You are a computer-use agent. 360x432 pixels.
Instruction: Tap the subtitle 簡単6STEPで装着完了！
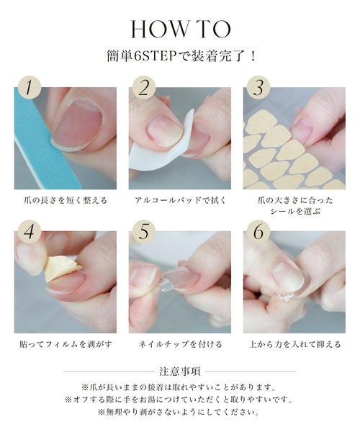tap(180, 55)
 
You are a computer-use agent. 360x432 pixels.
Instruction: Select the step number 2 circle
tap(143, 89)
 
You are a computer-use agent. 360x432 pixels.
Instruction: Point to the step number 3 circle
tap(257, 89)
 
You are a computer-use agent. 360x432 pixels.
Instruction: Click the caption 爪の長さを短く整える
tap(65, 199)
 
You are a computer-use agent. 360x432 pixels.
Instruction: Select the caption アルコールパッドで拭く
tap(179, 199)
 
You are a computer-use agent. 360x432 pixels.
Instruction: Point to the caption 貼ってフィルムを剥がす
tap(65, 344)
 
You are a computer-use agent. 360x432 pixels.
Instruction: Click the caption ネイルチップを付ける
tap(179, 344)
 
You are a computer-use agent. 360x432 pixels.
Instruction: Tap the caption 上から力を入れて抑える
tap(294, 344)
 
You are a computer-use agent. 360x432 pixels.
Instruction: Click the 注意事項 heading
tap(180, 372)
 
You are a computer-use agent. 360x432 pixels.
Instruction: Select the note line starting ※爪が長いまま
tap(180, 387)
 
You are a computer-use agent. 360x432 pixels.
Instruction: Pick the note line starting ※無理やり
tap(180, 413)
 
